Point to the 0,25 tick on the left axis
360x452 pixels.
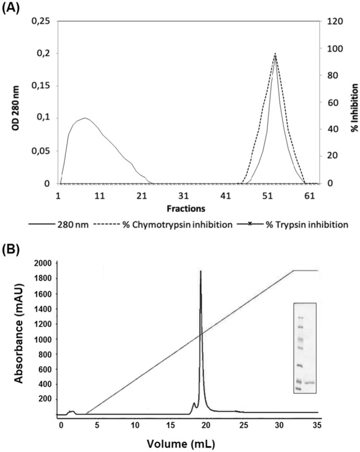tap(40, 21)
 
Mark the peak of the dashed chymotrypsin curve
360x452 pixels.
tap(275, 54)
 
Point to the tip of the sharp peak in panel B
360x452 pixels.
tap(200, 271)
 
